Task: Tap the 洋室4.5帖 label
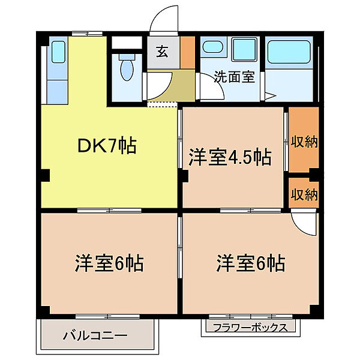point(230,158)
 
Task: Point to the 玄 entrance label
point(162,51)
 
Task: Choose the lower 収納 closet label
point(304,194)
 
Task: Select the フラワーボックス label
point(249,328)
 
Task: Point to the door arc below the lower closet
point(305,223)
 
